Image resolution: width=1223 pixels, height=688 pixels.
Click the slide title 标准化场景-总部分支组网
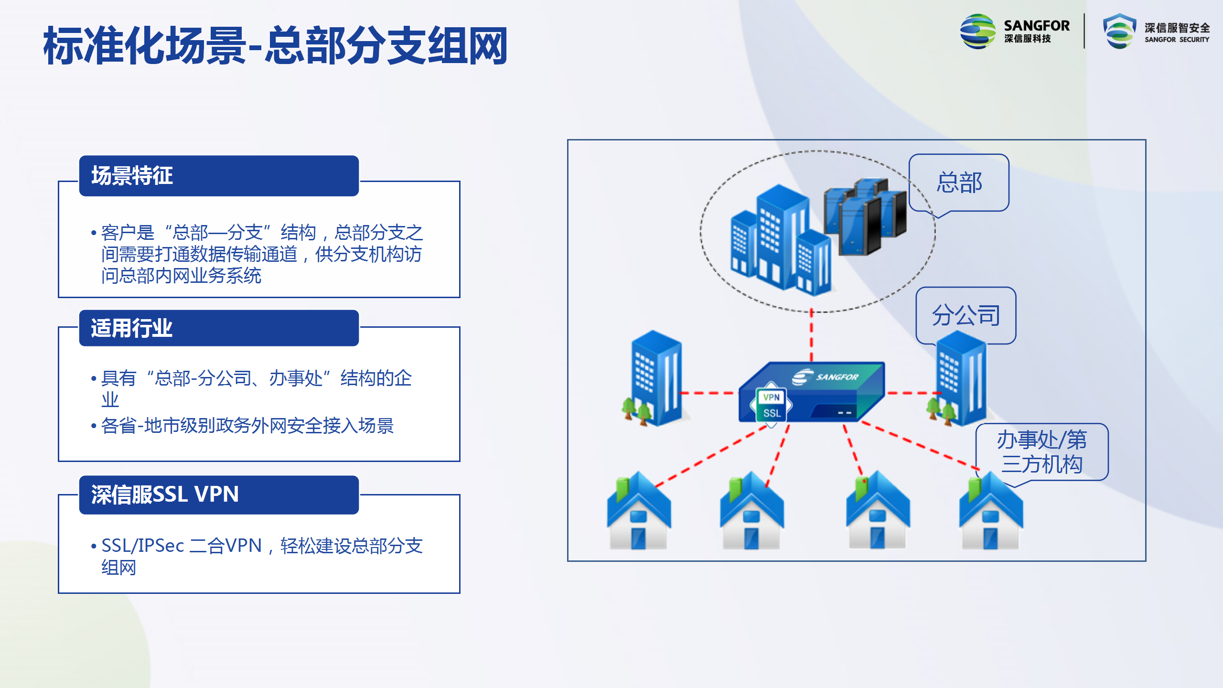[x=275, y=46]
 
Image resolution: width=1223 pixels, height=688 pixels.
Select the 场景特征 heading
[x=132, y=176]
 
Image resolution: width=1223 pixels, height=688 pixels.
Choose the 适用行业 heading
[x=132, y=328]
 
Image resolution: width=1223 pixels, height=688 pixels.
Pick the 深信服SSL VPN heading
[x=165, y=494]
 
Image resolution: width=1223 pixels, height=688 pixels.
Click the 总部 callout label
[x=959, y=183]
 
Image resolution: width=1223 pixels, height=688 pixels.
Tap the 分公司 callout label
[x=966, y=315]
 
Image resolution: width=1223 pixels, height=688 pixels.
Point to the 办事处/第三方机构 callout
[x=1042, y=452]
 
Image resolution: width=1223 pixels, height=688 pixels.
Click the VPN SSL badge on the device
[x=772, y=405]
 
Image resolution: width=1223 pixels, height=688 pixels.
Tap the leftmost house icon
[x=639, y=510]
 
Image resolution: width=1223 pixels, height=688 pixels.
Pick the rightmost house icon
[x=991, y=510]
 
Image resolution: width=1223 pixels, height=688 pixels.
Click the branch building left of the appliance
[x=656, y=377]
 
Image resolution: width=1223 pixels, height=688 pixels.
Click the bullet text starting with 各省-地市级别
[x=247, y=426]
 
